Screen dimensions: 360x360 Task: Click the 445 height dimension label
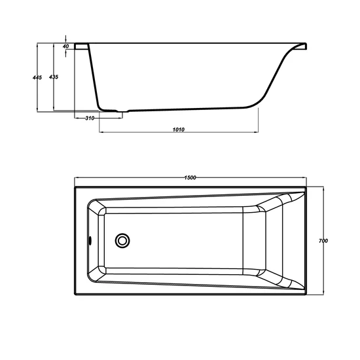tap(37, 78)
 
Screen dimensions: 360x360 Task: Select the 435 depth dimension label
tap(54, 77)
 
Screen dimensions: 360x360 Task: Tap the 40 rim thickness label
tap(65, 46)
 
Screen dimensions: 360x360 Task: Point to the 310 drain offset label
tap(90, 118)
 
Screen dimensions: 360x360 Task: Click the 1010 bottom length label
tap(179, 130)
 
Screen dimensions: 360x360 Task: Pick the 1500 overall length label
tap(190, 177)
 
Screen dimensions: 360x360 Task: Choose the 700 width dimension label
tap(323, 241)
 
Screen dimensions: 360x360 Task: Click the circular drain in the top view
tap(122, 241)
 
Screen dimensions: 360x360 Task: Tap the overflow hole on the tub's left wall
tap(90, 241)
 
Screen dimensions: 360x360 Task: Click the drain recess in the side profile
tap(123, 111)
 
